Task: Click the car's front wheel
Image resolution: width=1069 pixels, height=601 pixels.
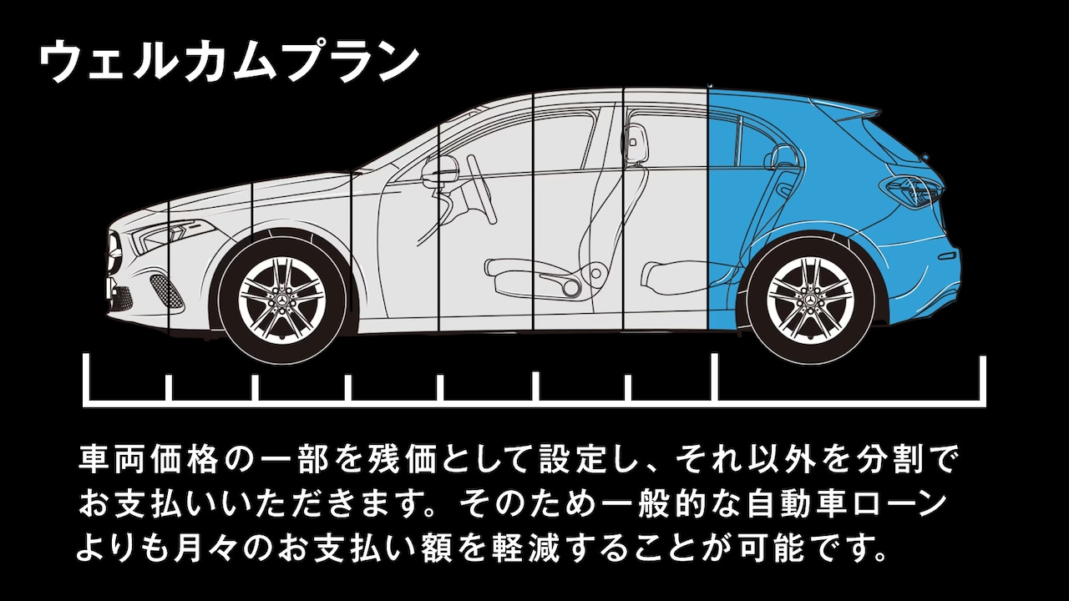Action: point(281,298)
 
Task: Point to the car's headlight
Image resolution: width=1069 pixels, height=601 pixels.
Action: point(163,235)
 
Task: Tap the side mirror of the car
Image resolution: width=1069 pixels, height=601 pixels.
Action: point(440,171)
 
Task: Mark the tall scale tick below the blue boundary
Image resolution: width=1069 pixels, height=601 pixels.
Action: point(716,377)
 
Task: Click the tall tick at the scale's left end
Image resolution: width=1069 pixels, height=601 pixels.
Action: point(86,379)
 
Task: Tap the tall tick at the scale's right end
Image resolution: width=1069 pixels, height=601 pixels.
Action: point(983,379)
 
